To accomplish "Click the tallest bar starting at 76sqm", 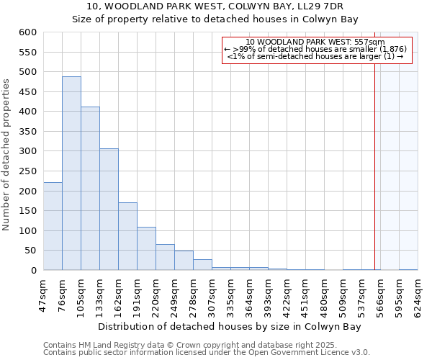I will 71,173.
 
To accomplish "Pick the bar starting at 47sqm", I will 53,226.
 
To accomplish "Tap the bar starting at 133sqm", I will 109,209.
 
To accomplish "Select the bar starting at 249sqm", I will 184,261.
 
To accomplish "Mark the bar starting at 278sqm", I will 202,265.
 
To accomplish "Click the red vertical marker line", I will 375,158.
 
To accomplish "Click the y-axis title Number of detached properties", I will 7,155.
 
